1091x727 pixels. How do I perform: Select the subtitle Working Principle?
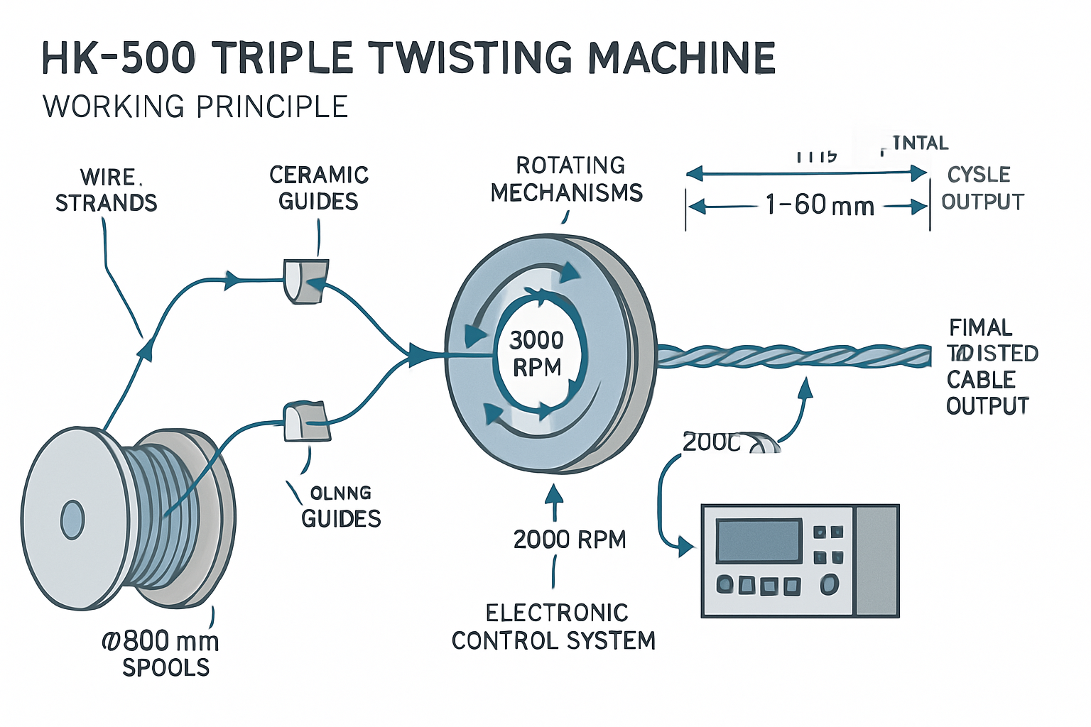[195, 107]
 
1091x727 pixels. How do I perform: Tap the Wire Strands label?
[107, 190]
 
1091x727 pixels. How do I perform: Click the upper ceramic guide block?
[305, 281]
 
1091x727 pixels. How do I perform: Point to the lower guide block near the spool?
[305, 422]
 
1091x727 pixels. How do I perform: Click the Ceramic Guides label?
[319, 188]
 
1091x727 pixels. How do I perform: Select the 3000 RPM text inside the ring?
[536, 354]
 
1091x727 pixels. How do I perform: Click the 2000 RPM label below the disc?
[570, 540]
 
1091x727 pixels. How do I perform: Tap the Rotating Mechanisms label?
[567, 179]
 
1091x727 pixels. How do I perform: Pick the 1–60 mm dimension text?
[819, 206]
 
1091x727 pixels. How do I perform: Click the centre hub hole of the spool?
[72, 520]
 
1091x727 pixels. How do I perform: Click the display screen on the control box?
[759, 541]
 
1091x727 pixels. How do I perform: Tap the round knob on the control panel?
[829, 584]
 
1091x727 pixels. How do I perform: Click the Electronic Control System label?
[554, 627]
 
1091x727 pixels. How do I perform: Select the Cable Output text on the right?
[987, 393]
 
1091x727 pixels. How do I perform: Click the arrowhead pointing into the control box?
[686, 547]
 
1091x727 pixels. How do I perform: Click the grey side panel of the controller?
[877, 561]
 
